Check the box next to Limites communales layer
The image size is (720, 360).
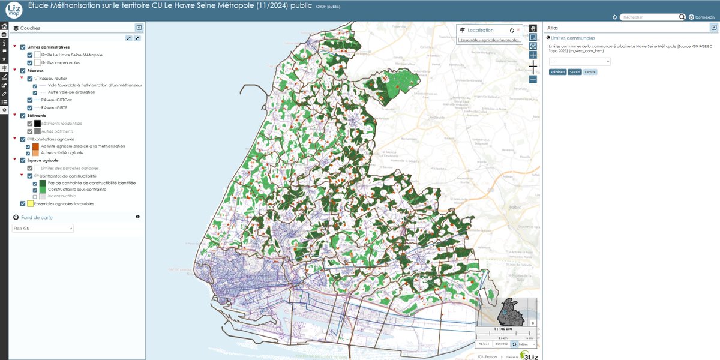(x=30, y=62)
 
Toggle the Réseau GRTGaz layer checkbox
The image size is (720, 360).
(x=30, y=100)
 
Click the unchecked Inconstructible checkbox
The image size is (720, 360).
(x=35, y=196)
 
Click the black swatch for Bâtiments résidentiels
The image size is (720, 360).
(x=38, y=123)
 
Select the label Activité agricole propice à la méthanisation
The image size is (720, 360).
(x=83, y=146)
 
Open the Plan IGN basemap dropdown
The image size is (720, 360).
(x=43, y=229)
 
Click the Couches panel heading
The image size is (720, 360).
(x=30, y=28)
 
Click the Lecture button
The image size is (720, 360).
(x=590, y=72)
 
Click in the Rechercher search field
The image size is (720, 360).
(x=653, y=17)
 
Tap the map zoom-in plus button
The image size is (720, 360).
(x=533, y=55)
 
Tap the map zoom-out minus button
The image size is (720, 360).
(x=533, y=79)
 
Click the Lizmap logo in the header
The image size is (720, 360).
(x=14, y=11)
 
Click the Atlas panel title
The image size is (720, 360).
(x=553, y=28)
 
